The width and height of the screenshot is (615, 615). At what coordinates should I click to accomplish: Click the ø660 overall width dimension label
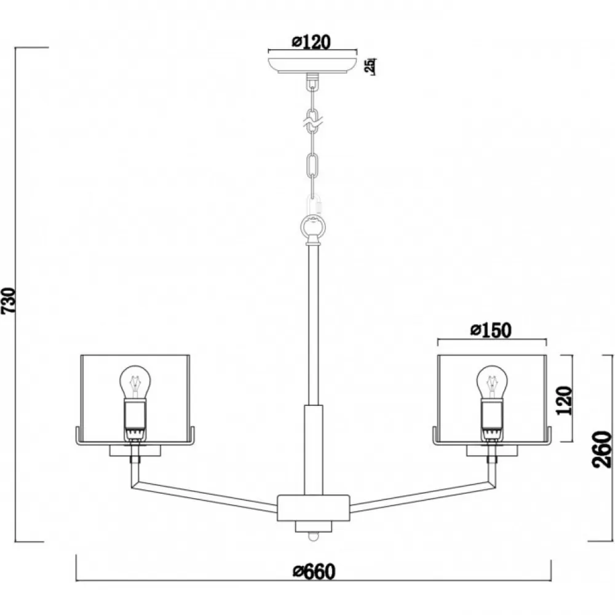[314, 571]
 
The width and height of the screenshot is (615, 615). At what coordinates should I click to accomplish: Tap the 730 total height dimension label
[9, 301]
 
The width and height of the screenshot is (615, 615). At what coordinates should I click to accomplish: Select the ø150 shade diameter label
[491, 330]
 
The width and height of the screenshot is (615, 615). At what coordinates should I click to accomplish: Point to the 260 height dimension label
[602, 450]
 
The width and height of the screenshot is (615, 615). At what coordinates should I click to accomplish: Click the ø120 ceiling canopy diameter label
[312, 42]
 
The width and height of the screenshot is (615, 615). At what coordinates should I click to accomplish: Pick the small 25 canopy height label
[370, 66]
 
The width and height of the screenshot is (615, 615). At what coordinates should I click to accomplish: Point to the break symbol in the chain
[312, 122]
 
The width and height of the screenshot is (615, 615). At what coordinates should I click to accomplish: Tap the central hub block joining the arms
[313, 508]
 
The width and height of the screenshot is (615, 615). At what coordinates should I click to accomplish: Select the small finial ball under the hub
[312, 536]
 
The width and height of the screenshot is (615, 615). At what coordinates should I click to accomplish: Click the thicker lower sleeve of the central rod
[314, 450]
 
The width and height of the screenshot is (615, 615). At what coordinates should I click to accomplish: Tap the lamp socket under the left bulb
[135, 418]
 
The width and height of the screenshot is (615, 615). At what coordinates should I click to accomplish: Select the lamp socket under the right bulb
[492, 418]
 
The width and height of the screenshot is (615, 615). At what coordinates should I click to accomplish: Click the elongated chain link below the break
[312, 164]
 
